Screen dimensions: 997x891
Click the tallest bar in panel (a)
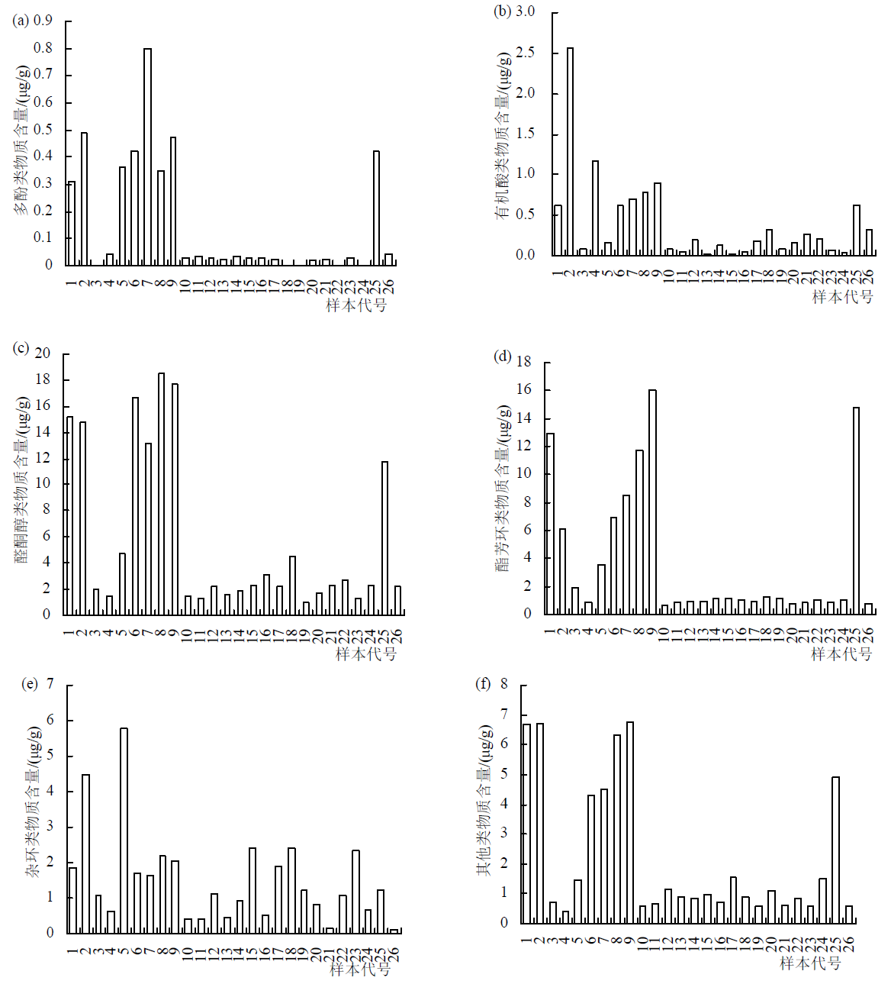[147, 156]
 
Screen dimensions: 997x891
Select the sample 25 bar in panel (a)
[376, 208]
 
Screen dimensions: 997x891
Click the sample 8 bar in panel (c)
[161, 493]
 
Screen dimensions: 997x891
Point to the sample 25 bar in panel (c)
[384, 537]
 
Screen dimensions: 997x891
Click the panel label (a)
[21, 20]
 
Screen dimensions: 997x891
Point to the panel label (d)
[503, 356]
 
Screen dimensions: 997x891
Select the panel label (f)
[483, 683]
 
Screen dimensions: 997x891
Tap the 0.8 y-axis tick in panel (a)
[43, 48]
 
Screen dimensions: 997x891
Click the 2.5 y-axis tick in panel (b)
[525, 53]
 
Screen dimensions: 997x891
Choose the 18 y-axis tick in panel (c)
[42, 379]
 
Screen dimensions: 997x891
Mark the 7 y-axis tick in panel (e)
[50, 684]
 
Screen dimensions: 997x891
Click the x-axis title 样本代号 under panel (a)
[356, 305]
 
